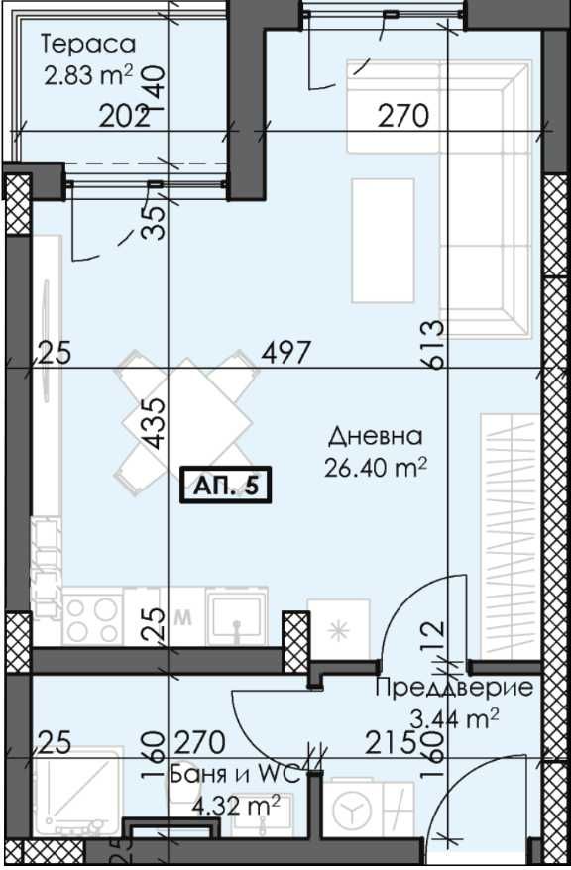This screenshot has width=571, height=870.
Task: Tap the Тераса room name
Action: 87,44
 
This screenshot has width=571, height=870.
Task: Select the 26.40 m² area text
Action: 375,466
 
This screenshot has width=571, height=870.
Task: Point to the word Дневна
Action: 376,436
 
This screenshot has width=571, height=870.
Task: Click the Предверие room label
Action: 454,688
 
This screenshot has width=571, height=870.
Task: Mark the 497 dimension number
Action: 287,352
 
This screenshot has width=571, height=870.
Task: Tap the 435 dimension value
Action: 156,424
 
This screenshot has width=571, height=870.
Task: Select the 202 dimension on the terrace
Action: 125,117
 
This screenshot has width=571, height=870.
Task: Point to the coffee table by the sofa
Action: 383,239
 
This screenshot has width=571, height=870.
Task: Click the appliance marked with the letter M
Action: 181,616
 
